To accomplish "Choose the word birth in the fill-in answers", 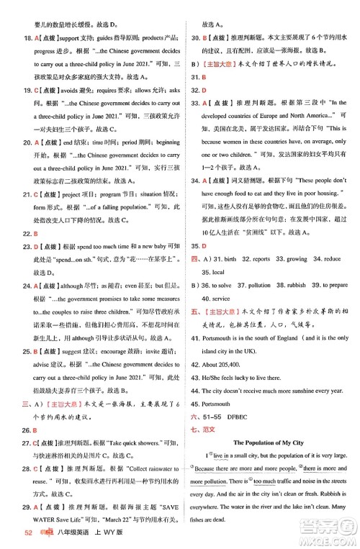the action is coord(229,259).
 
